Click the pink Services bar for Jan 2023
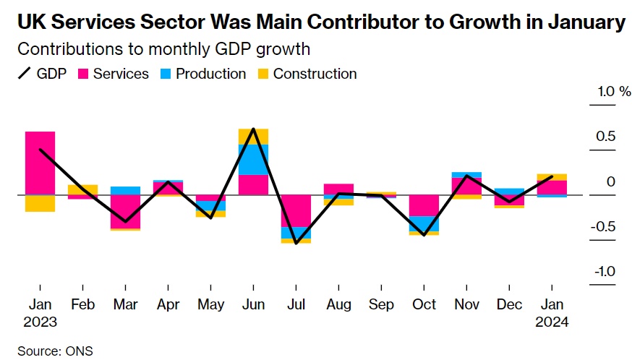click(40, 163)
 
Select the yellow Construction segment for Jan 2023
click(40, 203)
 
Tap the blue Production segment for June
click(253, 159)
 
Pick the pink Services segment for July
click(296, 210)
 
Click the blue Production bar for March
click(125, 190)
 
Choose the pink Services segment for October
click(424, 205)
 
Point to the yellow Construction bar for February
click(82, 189)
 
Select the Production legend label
click(210, 74)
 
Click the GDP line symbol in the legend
click(25, 74)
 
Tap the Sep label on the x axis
click(381, 304)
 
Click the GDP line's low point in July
click(296, 243)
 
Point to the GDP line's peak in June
click(253, 129)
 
